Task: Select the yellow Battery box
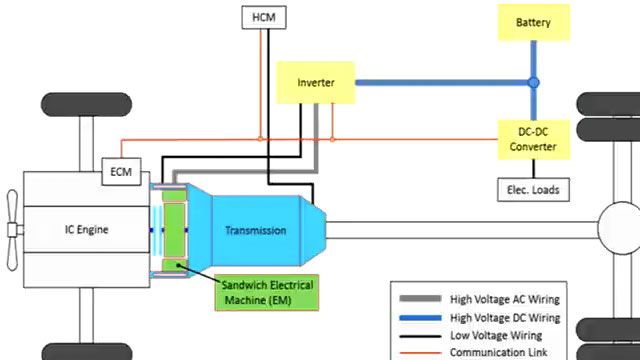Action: (532, 22)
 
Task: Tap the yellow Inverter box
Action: (315, 82)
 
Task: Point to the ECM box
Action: (119, 171)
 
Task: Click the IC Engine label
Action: (79, 230)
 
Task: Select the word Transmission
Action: (255, 230)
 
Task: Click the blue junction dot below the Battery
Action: (533, 82)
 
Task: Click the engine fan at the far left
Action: (11, 230)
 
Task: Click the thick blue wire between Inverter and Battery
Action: (440, 82)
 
